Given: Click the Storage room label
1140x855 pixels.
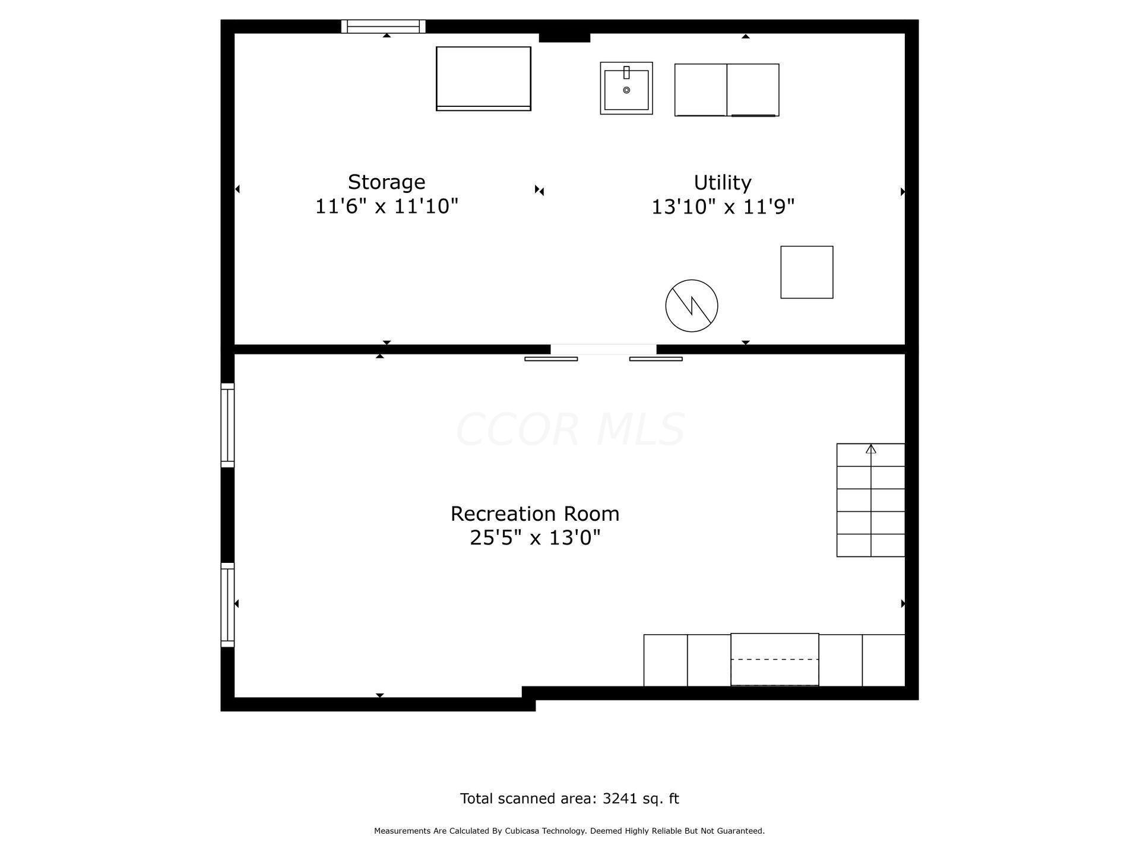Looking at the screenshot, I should [386, 182].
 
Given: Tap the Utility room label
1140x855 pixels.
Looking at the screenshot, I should [722, 182].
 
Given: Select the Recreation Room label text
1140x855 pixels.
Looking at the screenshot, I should [534, 514].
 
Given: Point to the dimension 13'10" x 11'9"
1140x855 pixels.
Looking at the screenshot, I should [723, 207].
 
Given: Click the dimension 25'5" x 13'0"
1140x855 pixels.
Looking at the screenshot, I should [534, 538].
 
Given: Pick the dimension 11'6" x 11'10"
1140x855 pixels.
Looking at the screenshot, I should [386, 207].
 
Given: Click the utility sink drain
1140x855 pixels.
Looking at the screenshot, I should [626, 90].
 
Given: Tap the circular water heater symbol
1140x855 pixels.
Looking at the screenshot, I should [691, 306].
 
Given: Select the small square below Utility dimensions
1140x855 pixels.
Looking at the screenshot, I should [806, 272].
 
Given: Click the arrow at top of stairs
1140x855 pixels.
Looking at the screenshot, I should [870, 449].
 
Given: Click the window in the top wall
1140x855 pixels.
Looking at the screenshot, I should [383, 26].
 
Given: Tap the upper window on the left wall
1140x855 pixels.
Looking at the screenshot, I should [227, 425].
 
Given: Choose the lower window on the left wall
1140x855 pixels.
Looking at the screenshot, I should [227, 604].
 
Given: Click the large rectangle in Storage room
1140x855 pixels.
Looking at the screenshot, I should [483, 78].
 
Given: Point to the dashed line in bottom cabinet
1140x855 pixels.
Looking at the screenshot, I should [774, 660].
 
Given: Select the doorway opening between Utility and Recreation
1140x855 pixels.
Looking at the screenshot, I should [603, 350].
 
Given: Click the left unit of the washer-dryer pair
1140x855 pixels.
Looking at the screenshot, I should [701, 90].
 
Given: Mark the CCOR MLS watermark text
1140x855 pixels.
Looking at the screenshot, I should [570, 429].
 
